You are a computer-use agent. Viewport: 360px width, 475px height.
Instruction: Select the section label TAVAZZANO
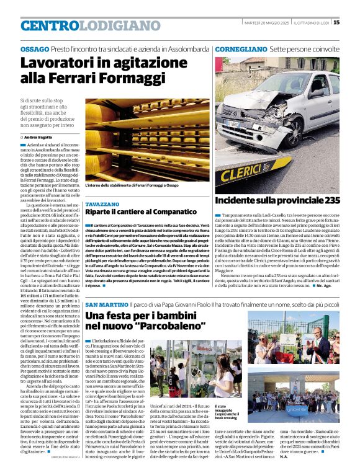pyautogui.click(x=102, y=204)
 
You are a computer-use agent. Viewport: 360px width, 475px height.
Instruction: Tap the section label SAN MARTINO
pyautogui.click(x=107, y=305)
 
